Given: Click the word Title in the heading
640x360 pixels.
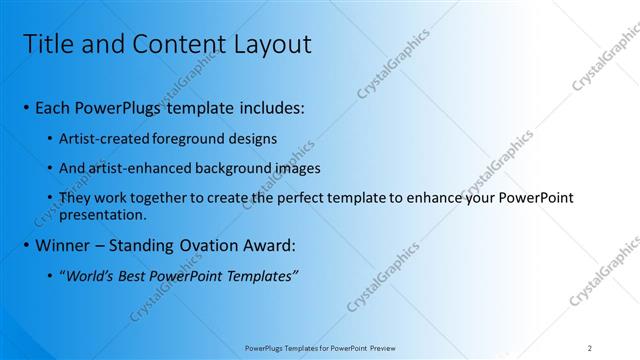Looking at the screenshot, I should coord(47,44).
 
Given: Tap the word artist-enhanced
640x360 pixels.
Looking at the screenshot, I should coord(137,167).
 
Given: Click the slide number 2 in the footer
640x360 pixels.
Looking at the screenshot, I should coord(590,347).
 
